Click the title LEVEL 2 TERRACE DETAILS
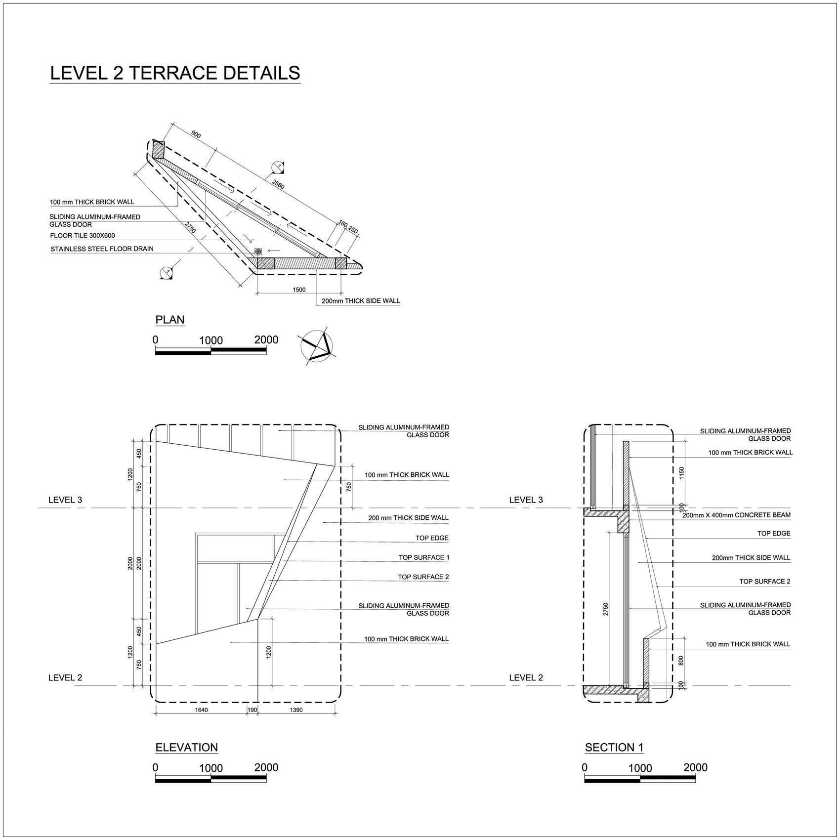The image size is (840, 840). [x=175, y=73]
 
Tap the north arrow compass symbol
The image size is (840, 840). [x=317, y=345]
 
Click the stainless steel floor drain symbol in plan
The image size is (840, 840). [x=258, y=251]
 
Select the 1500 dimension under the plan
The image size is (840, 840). [x=299, y=290]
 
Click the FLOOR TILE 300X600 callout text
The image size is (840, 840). [x=82, y=236]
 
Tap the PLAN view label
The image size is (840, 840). [x=170, y=320]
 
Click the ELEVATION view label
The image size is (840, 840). [x=186, y=748]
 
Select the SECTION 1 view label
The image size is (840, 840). [x=614, y=748]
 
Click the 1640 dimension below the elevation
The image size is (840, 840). [x=201, y=710]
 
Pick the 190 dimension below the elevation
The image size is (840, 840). [x=252, y=710]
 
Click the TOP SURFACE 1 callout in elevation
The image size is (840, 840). [x=424, y=557]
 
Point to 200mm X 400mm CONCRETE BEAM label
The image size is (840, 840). [x=736, y=515]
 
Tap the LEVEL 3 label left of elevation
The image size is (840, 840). [x=65, y=500]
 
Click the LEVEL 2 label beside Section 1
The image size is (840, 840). [x=526, y=677]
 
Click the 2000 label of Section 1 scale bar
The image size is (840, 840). [x=695, y=767]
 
